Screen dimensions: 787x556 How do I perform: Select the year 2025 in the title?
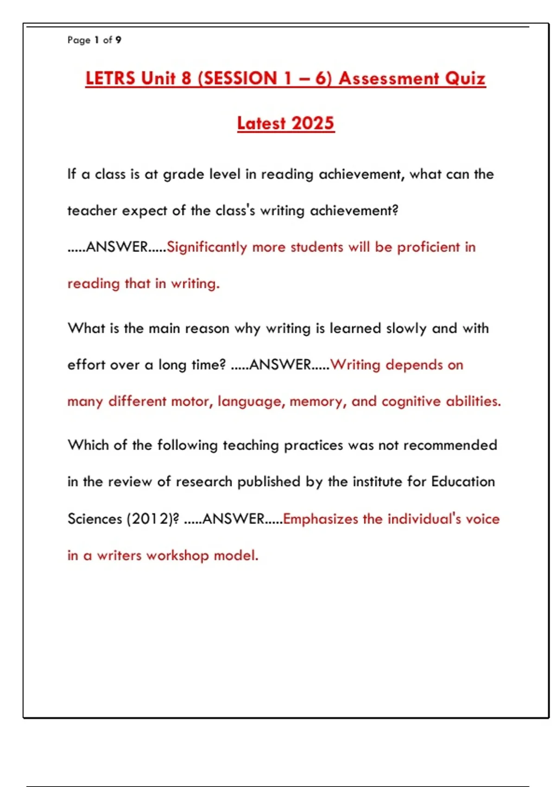(313, 123)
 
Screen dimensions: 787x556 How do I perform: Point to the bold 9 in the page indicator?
(119, 40)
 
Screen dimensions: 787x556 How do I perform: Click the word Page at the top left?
(79, 40)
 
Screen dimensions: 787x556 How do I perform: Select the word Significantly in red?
(207, 247)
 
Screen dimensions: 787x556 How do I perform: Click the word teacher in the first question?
(92, 211)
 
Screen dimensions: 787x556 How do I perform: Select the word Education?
(463, 482)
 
